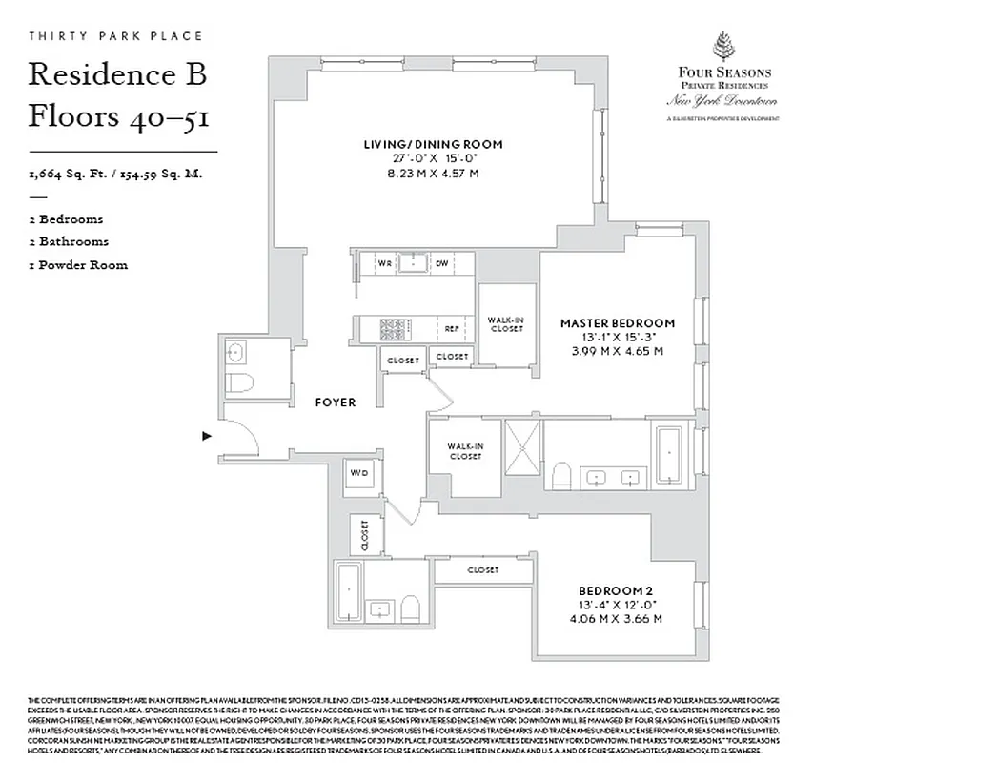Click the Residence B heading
(117, 75)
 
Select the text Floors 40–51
(119, 116)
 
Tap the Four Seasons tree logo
(725, 47)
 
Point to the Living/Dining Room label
(433, 144)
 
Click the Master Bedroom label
(617, 323)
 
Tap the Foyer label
(336, 402)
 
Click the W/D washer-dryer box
(360, 474)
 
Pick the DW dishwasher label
(442, 262)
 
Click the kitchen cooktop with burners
(394, 330)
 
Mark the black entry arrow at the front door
(206, 436)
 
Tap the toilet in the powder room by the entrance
(240, 384)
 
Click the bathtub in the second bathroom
(350, 591)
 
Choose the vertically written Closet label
(365, 535)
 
